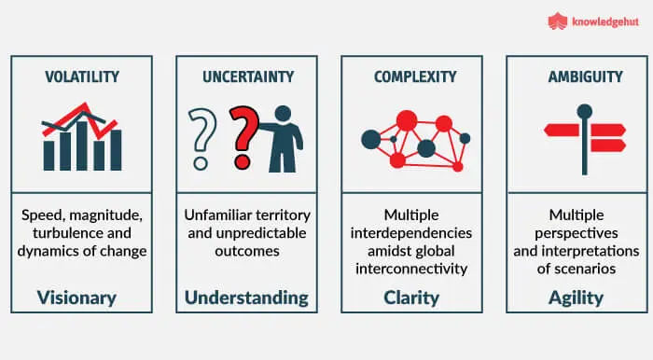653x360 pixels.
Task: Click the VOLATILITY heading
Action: tap(82, 76)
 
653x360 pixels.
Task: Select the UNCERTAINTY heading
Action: tap(248, 76)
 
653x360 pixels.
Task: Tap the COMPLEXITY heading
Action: tap(415, 76)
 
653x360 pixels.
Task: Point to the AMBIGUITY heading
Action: tap(586, 76)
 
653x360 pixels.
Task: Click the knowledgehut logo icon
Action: tap(558, 21)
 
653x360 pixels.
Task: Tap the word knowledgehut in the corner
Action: tap(605, 21)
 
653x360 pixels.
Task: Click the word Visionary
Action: tap(76, 298)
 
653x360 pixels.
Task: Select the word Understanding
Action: tap(246, 298)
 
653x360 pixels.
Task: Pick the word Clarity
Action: tap(411, 298)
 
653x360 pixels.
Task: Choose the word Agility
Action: tap(576, 298)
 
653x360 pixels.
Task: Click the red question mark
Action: tap(244, 137)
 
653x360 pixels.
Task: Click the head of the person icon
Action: tap(284, 114)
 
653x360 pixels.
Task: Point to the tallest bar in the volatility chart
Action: tap(82, 146)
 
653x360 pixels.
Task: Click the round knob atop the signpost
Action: tap(585, 111)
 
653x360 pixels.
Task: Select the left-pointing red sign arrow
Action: tap(563, 131)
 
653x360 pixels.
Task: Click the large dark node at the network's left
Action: tap(371, 139)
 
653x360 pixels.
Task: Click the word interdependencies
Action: tap(411, 233)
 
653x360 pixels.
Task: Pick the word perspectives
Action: tap(577, 233)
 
